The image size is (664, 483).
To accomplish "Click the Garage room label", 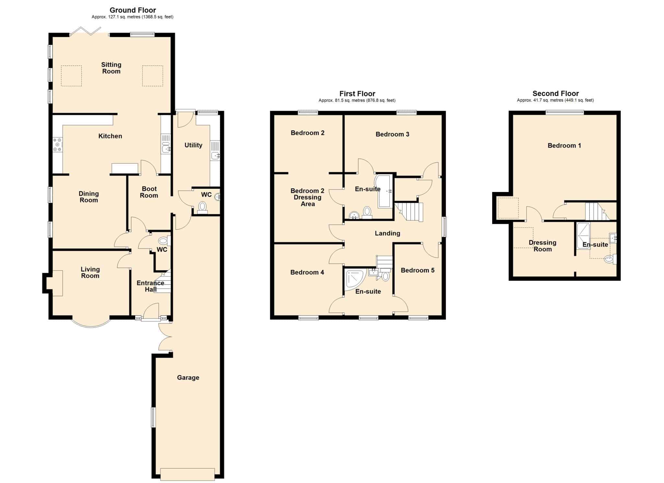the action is point(188,378).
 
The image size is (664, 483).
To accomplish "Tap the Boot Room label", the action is point(149,192).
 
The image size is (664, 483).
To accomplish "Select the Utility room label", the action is point(193,145).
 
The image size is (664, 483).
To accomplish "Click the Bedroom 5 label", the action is point(418,270).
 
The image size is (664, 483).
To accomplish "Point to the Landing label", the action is point(387,233).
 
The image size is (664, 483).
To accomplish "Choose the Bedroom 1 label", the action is point(564,146).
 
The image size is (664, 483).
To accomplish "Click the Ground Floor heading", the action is point(133,10).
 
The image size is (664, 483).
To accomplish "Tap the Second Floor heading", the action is point(555,93).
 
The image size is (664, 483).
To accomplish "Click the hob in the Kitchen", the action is point(58,145).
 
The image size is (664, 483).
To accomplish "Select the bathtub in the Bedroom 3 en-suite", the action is point(384,191).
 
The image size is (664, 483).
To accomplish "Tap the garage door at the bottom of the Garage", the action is point(187,474).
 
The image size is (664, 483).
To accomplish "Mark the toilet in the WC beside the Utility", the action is point(203,208).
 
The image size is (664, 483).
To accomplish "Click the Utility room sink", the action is point(215,156).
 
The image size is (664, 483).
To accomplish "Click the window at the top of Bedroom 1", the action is point(564,113).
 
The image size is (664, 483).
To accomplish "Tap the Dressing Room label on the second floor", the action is point(542,246).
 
